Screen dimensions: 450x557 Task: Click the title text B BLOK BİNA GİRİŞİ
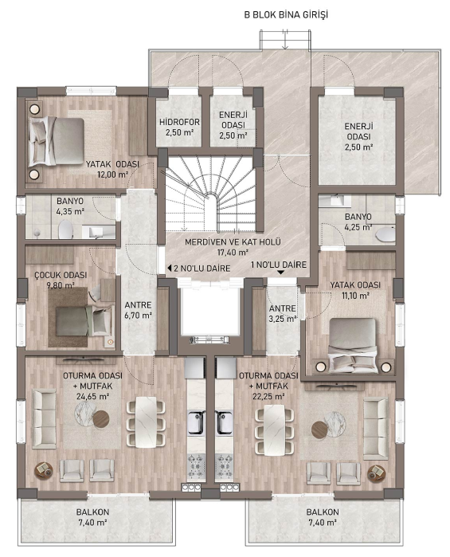[286, 15]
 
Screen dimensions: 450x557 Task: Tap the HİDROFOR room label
[179, 122]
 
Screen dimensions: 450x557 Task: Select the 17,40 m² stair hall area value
[233, 253]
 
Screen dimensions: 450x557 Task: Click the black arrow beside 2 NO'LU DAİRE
[170, 269]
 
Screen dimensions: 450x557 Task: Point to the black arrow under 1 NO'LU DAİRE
[280, 273]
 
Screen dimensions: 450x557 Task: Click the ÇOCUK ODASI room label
[61, 275]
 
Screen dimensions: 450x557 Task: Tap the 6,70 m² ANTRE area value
[138, 315]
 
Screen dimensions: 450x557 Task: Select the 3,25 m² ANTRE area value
[283, 319]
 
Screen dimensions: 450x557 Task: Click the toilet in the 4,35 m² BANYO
[65, 229]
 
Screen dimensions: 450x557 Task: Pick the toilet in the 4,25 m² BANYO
[385, 235]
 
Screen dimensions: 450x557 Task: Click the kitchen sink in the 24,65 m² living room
[197, 422]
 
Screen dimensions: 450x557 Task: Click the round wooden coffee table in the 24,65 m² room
[101, 419]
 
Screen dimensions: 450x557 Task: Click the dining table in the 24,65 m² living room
[146, 422]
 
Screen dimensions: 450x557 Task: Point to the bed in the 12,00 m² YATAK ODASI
[56, 142]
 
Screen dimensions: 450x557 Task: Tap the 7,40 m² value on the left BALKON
[92, 523]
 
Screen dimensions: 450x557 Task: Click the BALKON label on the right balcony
[323, 512]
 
